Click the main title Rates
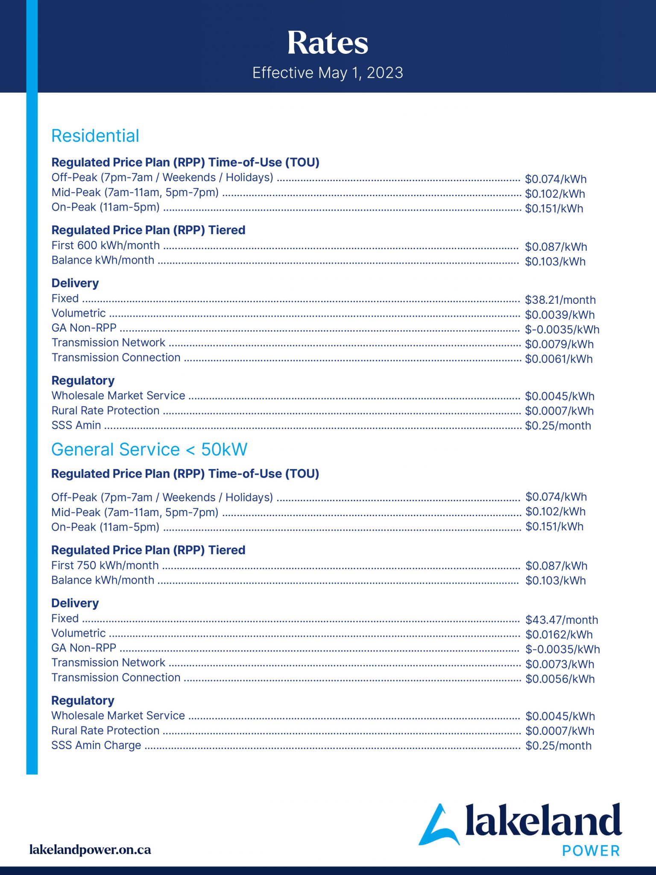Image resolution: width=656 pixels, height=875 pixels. pos(328,43)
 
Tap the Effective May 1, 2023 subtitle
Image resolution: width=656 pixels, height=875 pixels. pos(328,73)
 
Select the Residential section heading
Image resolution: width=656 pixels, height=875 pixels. pos(95,136)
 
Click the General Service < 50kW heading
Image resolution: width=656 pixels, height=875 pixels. pos(149,449)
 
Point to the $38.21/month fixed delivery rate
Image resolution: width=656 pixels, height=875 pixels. pos(560,300)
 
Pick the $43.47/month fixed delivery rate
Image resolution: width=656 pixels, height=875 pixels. pos(562,620)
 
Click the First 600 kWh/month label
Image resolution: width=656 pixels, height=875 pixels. pos(105,246)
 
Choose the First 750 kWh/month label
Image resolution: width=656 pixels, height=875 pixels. pos(105,565)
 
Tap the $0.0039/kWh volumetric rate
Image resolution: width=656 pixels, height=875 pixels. pos(559,315)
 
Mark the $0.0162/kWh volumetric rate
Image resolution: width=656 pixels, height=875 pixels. pos(559,635)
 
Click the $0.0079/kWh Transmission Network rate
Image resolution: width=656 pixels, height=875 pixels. pos(559,344)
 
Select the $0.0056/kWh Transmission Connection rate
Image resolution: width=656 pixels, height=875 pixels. pos(560,679)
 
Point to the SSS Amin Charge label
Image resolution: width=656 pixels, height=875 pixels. pos(96,745)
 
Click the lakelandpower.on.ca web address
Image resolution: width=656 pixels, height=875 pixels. pos(90,850)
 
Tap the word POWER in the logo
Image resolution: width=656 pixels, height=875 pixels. pos(591,851)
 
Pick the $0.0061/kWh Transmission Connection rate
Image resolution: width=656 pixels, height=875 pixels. pos(559,359)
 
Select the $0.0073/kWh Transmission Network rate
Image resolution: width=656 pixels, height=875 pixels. pos(559,664)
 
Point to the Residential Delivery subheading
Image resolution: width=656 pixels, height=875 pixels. pos(75,283)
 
